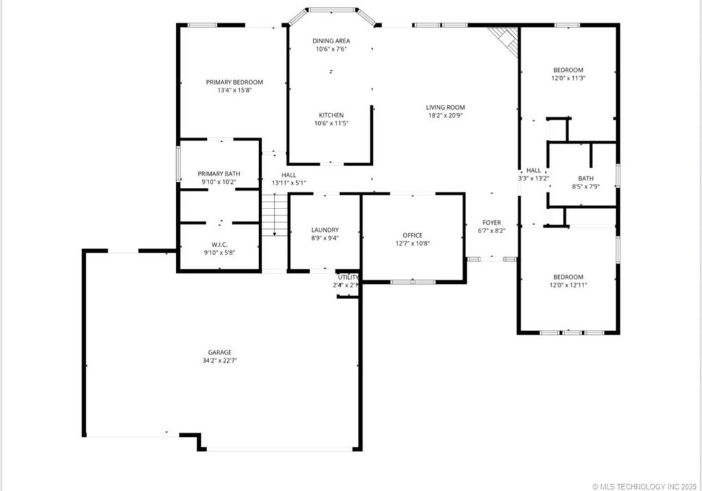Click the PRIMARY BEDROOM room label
click(x=234, y=82)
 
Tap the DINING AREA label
click(x=331, y=40)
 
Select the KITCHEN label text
click(x=331, y=115)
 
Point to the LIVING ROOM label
click(x=446, y=107)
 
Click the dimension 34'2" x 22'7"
click(x=219, y=361)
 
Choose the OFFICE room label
click(x=412, y=235)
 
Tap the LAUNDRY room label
click(x=325, y=230)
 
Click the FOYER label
click(x=492, y=223)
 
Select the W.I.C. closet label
click(x=219, y=245)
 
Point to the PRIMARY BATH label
click(x=219, y=173)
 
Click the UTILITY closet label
click(x=348, y=277)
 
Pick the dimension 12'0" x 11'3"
click(x=568, y=78)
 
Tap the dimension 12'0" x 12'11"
click(x=568, y=285)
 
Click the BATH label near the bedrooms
click(x=585, y=178)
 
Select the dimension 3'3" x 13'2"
click(x=533, y=178)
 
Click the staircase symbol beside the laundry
click(x=274, y=215)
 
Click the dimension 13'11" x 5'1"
click(x=289, y=183)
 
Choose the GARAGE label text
click(x=219, y=352)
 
